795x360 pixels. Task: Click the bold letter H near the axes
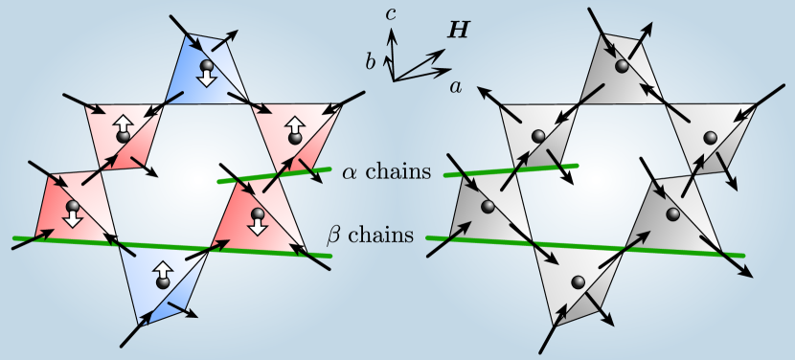click(460, 31)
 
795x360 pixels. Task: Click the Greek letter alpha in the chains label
click(351, 171)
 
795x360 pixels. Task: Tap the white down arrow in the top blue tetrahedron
click(207, 79)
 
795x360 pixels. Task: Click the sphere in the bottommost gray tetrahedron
click(578, 281)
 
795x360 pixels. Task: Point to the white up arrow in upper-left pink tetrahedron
click(123, 124)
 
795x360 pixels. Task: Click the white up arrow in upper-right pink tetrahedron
click(294, 124)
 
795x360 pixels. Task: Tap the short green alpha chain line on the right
click(509, 170)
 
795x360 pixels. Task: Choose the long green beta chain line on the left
click(172, 246)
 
